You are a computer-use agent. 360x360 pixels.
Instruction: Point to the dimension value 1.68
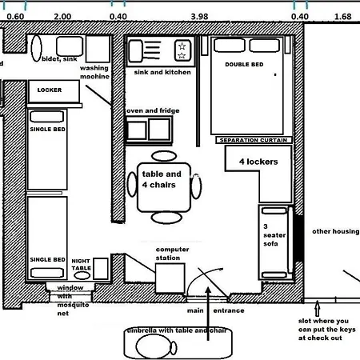342,16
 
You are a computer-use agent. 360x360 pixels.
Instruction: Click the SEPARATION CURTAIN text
251,139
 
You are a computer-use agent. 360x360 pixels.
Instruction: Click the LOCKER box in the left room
50,90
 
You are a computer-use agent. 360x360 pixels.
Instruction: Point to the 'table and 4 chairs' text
162,179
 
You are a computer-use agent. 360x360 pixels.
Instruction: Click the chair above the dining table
162,155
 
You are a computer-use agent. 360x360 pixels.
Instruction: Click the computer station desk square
170,277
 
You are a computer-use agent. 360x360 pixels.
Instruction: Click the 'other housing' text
334,232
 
